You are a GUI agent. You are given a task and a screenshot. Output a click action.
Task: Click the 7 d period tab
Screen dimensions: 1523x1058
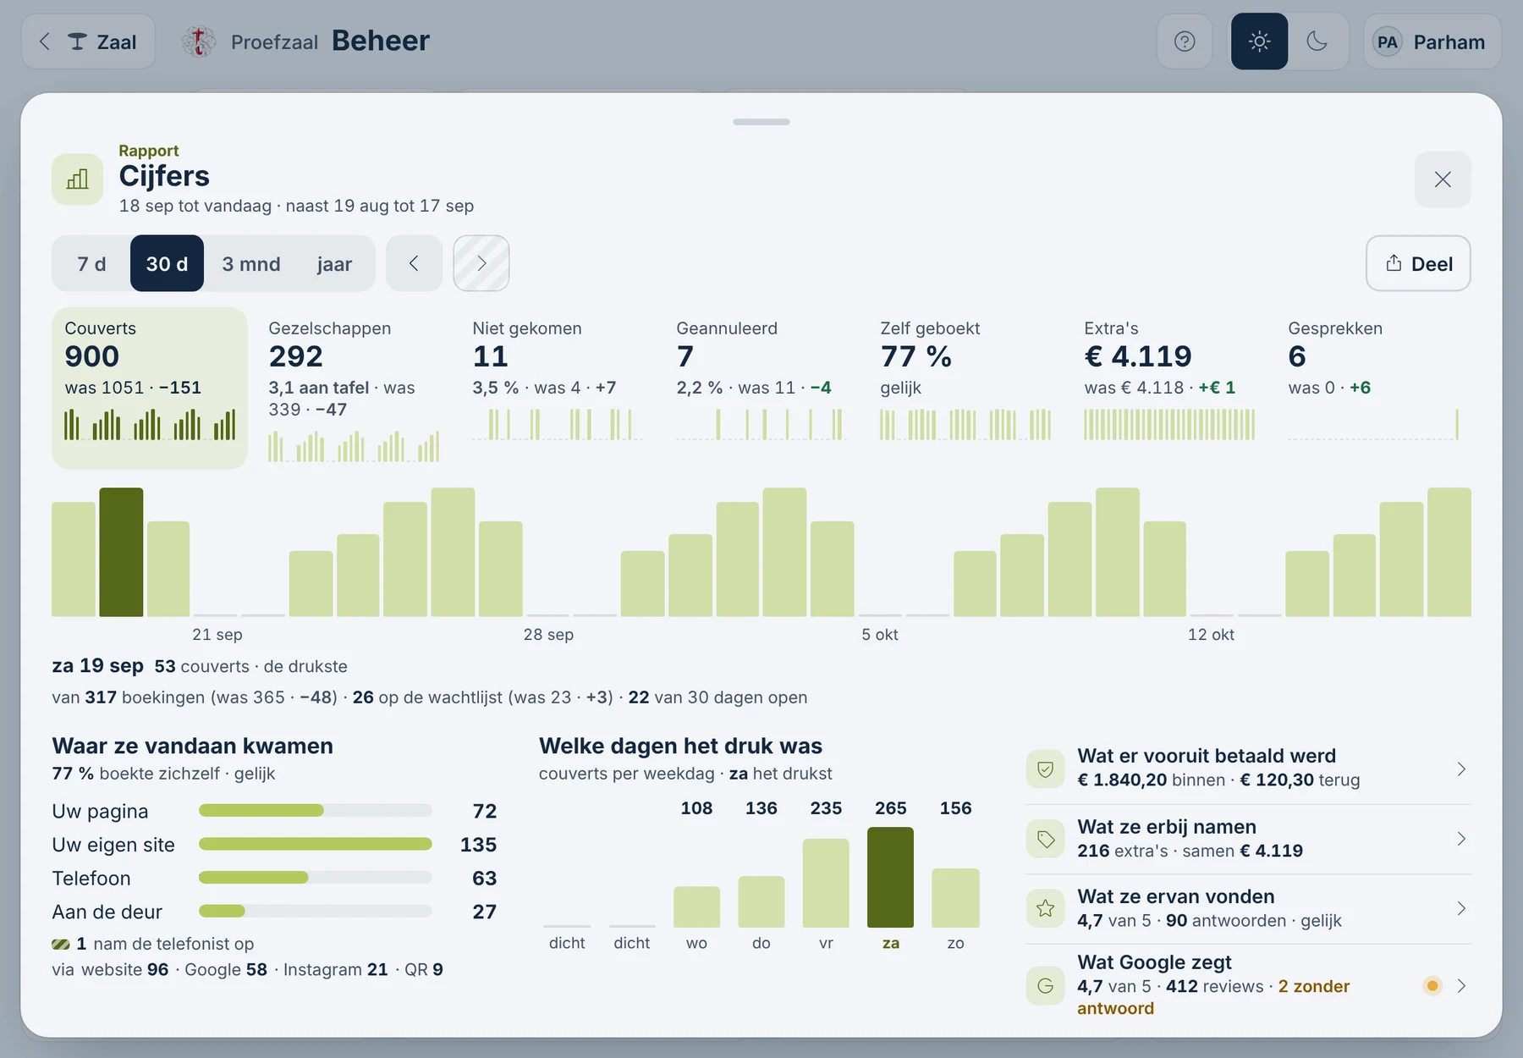coord(91,264)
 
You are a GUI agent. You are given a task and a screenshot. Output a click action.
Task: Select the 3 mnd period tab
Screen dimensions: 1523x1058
coord(251,264)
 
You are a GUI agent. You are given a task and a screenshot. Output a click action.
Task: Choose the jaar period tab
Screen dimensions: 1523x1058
coord(334,264)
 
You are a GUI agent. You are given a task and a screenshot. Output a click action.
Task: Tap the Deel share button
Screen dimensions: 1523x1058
coord(1418,263)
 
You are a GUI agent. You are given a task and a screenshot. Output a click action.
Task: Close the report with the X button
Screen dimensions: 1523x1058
coord(1443,179)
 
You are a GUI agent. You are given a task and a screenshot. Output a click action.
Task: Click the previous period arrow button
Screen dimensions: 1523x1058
coord(414,263)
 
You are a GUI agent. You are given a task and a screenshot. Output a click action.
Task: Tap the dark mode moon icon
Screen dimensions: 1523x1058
coord(1317,41)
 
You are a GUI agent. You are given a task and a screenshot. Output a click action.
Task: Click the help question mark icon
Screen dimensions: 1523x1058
coord(1185,41)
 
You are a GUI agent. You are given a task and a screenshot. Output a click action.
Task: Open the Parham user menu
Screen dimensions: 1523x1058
coord(1432,41)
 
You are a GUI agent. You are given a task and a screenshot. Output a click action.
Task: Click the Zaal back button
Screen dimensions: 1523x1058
coord(88,41)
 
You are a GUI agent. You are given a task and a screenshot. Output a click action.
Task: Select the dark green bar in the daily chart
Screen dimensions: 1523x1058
coord(121,552)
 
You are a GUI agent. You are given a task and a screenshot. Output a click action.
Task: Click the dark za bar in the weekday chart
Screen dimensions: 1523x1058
coord(890,877)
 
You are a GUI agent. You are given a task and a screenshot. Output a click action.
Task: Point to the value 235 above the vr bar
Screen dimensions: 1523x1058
coord(826,808)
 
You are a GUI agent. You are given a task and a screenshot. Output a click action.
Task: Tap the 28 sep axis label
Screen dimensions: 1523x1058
coord(548,635)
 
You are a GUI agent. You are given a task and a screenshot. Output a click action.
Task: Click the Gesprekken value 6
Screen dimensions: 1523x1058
coord(1297,356)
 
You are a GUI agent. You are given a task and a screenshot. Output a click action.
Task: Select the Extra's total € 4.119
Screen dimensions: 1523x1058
coord(1138,356)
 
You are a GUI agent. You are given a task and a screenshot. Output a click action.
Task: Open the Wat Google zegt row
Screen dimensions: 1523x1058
coord(1248,985)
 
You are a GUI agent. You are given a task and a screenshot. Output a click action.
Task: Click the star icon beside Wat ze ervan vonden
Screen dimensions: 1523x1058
coord(1046,909)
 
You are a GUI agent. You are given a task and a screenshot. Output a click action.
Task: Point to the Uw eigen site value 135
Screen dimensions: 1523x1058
coord(478,845)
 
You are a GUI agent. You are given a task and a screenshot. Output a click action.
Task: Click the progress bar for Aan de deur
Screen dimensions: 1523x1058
coord(316,911)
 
